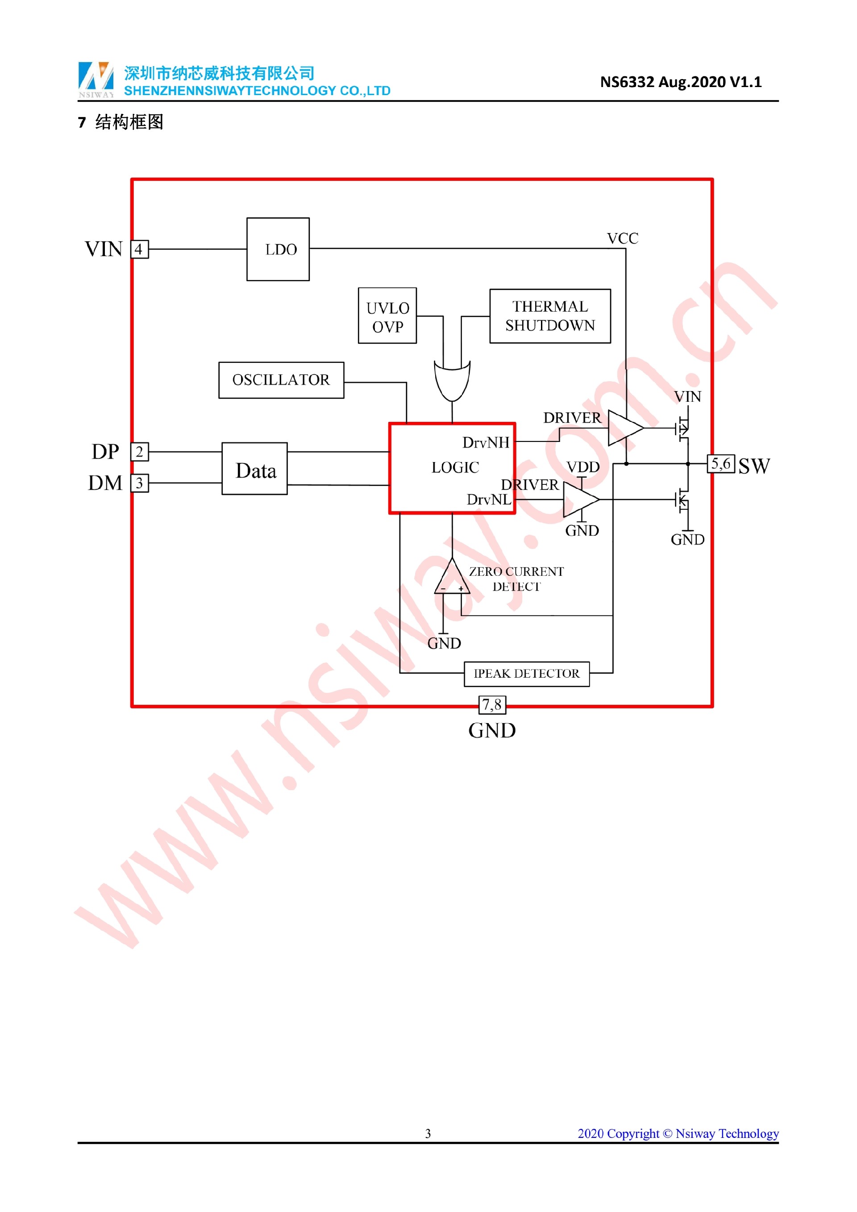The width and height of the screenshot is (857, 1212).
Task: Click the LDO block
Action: point(278,249)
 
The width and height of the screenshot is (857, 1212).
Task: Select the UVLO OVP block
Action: point(387,316)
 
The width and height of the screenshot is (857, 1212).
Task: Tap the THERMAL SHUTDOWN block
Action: point(550,316)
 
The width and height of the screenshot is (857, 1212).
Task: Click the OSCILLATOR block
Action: point(281,380)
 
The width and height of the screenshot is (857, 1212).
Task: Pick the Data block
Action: point(255,469)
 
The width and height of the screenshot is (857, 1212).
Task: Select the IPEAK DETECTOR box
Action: point(527,674)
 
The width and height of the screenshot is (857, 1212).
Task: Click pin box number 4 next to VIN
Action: point(139,249)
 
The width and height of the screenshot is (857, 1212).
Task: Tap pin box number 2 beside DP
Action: point(139,452)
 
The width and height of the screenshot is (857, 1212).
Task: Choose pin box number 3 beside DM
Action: point(139,483)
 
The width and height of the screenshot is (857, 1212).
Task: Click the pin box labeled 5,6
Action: point(721,464)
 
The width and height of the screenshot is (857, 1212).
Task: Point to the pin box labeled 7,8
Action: point(492,705)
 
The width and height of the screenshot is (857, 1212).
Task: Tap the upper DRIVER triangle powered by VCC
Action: point(624,428)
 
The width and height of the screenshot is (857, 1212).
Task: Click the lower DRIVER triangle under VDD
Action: point(580,500)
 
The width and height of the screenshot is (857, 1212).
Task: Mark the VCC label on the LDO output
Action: point(623,238)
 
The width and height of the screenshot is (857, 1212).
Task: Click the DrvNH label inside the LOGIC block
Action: point(486,443)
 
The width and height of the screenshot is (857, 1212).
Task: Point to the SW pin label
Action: point(754,466)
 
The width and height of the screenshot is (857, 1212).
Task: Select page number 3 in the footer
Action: point(428,1133)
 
